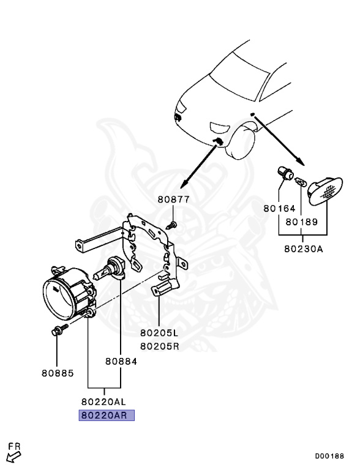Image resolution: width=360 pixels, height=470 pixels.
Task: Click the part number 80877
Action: [x=173, y=200]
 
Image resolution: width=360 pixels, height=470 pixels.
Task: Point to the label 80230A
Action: [x=303, y=249]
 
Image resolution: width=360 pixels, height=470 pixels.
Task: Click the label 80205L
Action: [x=159, y=334]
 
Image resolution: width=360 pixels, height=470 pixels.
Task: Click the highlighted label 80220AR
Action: [x=105, y=415]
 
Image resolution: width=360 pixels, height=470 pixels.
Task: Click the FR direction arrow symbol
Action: [x=13, y=453]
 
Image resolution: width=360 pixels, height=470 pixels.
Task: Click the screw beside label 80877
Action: [x=173, y=224]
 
